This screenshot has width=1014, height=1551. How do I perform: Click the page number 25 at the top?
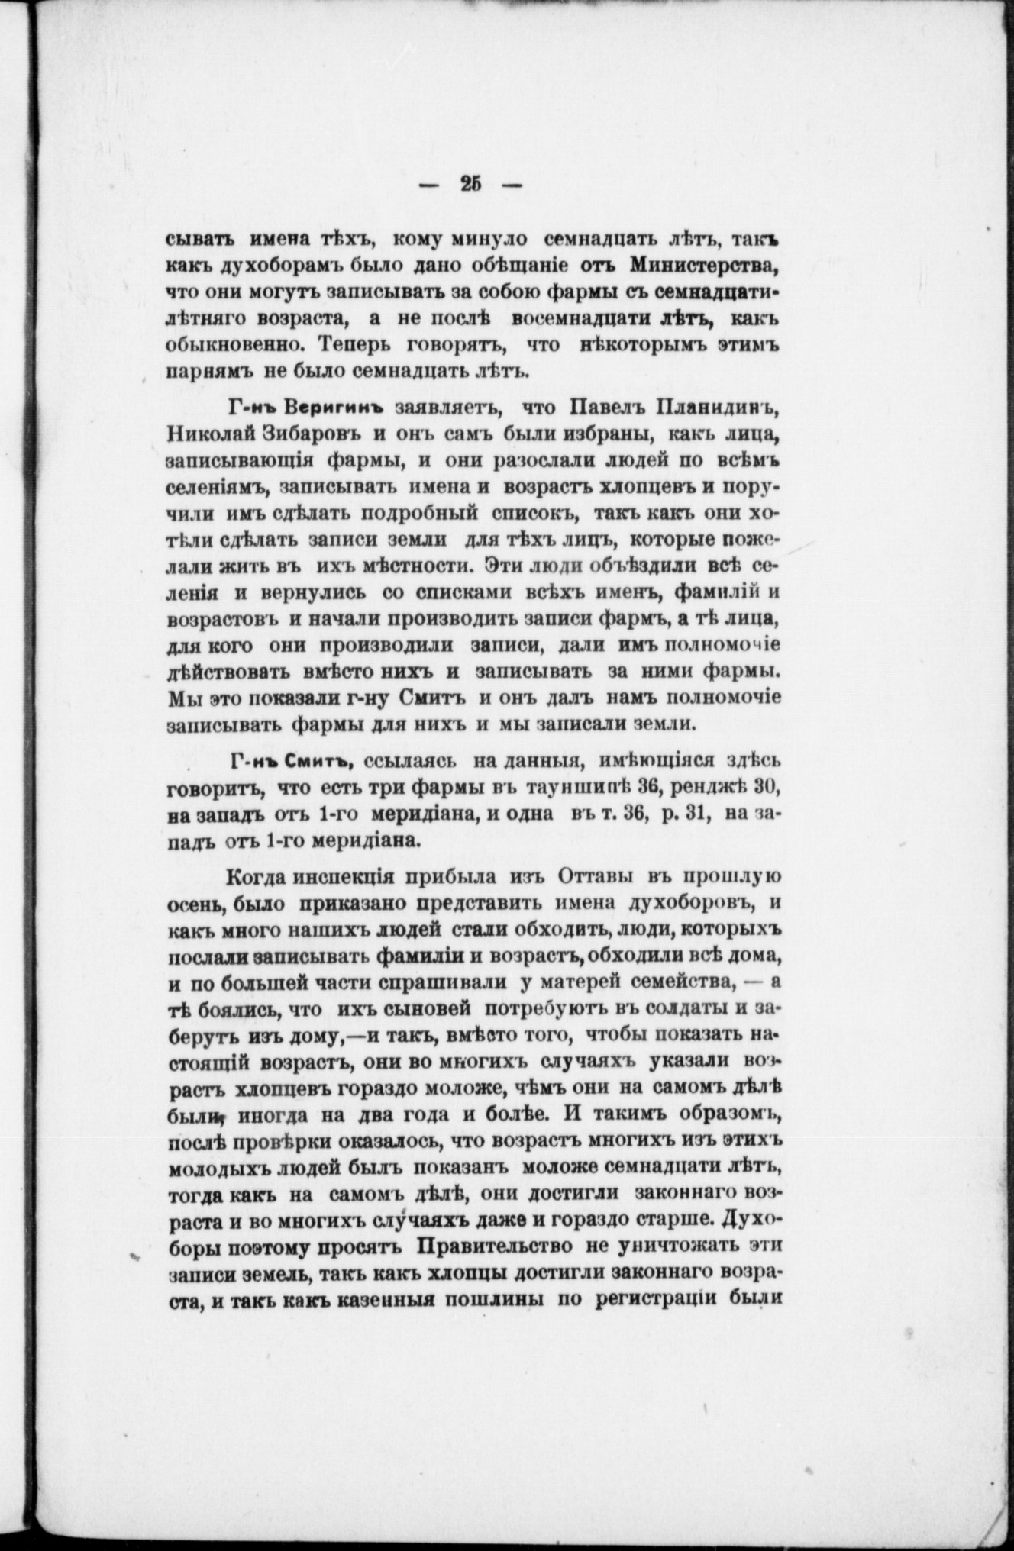click(x=471, y=185)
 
